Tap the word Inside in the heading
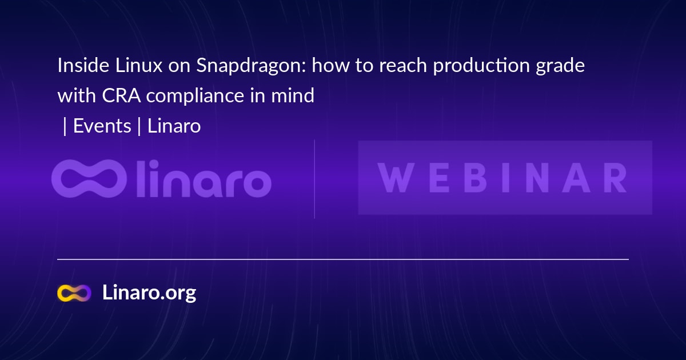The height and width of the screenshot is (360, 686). pyautogui.click(x=83, y=65)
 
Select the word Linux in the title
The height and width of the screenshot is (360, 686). pyautogui.click(x=139, y=65)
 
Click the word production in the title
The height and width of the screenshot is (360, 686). pyautogui.click(x=481, y=66)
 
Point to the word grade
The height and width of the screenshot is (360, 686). pyautogui.click(x=560, y=66)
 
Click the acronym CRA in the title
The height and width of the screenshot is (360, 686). pyautogui.click(x=121, y=95)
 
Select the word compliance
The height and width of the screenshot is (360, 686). pyautogui.click(x=195, y=97)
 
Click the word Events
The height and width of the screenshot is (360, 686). pyautogui.click(x=102, y=126)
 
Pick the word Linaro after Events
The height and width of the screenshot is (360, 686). pyautogui.click(x=174, y=126)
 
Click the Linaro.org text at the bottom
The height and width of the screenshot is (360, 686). pyautogui.click(x=149, y=293)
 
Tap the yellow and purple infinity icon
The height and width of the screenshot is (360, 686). pyautogui.click(x=74, y=293)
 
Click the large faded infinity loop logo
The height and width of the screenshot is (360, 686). pyautogui.click(x=89, y=178)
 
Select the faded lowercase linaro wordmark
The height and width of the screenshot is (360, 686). pyautogui.click(x=204, y=179)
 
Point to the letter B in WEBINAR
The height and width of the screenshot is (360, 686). pyautogui.click(x=475, y=178)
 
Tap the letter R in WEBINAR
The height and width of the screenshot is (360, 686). pyautogui.click(x=615, y=178)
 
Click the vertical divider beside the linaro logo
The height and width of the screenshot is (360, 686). pyautogui.click(x=314, y=179)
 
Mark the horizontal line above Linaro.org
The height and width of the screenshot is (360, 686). pyautogui.click(x=343, y=259)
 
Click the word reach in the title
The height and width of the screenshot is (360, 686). pyautogui.click(x=403, y=65)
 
